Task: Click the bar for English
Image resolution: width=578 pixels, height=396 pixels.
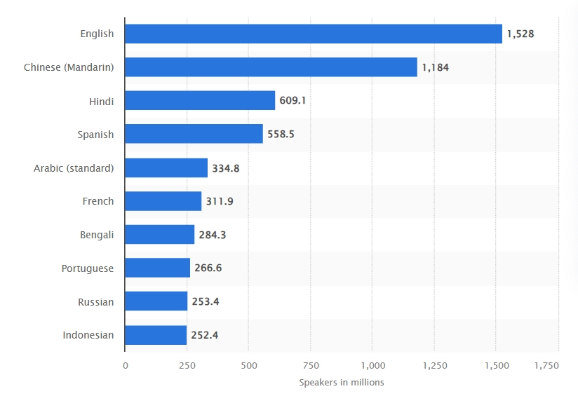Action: [x=314, y=34]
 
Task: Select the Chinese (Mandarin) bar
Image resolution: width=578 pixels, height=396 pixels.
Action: [x=271, y=67]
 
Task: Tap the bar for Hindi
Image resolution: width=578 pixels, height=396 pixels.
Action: [x=200, y=101]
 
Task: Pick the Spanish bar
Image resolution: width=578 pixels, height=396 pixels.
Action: [x=194, y=134]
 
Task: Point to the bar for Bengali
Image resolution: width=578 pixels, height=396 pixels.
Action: [x=160, y=235]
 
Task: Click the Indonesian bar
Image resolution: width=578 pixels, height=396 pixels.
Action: [x=156, y=335]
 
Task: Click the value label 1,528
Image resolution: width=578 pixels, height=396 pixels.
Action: [x=521, y=34]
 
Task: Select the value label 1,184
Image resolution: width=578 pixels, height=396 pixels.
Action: [x=435, y=67]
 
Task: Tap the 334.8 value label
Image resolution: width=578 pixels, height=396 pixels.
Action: [x=226, y=168]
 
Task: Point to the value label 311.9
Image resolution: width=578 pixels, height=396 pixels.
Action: [x=220, y=201]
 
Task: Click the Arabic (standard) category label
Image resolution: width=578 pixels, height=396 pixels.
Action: [x=74, y=168]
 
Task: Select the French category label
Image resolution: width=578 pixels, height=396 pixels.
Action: [x=98, y=201]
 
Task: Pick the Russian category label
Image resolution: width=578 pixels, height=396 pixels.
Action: [x=96, y=302]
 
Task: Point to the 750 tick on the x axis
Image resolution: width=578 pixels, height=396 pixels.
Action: [x=310, y=366]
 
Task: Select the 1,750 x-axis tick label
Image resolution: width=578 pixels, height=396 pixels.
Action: [x=546, y=366]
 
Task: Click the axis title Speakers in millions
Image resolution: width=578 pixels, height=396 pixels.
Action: [x=342, y=383]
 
